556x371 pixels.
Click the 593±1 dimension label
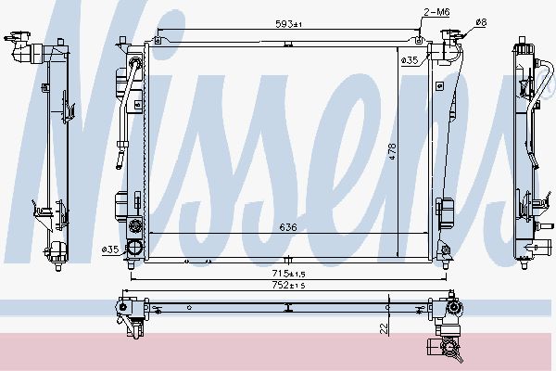288,24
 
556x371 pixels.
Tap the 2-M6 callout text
436,12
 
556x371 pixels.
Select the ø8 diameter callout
481,22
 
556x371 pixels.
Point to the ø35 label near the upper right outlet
410,60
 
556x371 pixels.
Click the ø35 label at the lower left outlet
110,249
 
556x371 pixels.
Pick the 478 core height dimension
392,151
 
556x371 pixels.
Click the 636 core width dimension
288,227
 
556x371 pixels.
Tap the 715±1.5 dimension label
288,274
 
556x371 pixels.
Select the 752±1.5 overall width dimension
288,285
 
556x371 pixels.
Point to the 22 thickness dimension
384,328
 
